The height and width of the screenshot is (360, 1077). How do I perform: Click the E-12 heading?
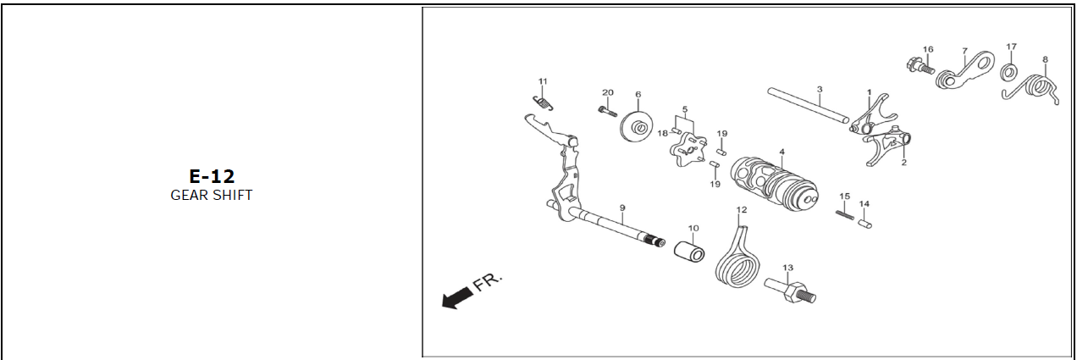click(x=212, y=177)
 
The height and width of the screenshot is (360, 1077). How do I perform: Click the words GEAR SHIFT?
click(x=212, y=195)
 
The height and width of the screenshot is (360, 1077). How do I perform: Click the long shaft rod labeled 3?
click(x=809, y=105)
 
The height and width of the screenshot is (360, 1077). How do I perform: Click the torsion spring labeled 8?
click(x=1031, y=89)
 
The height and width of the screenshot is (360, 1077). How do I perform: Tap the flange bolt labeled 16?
click(x=920, y=66)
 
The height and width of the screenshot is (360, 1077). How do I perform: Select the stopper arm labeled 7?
click(x=965, y=71)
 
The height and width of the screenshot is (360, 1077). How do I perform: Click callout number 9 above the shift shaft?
click(x=622, y=208)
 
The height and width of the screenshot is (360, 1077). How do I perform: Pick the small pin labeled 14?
click(x=864, y=224)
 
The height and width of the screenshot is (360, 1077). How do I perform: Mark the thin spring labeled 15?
click(x=845, y=215)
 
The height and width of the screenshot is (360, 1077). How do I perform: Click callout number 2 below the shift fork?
click(x=904, y=163)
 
